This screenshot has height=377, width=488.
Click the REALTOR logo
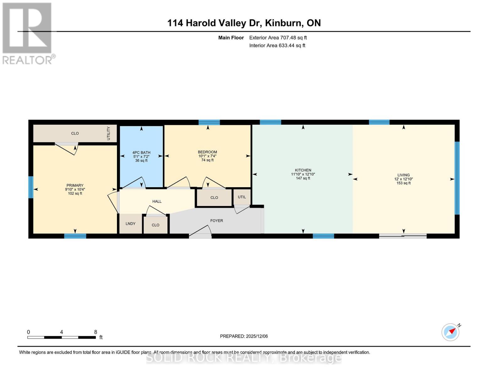(28, 33)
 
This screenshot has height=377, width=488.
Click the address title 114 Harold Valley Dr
(244, 23)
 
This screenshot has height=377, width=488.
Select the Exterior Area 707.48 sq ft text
(278, 38)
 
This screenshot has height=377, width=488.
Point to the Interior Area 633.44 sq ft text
(277, 46)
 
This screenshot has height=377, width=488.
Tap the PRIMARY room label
(75, 185)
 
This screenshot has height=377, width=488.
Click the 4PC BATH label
(141, 153)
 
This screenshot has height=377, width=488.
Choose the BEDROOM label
(207, 152)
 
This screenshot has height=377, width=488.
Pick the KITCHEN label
(303, 170)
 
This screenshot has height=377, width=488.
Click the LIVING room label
(403, 175)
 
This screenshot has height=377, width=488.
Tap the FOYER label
(217, 221)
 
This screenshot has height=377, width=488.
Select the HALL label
(157, 201)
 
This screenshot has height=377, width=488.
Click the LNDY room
(130, 224)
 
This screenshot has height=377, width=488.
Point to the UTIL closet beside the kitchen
(242, 197)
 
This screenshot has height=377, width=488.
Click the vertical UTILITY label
(109, 133)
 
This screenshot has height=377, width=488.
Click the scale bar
(62, 337)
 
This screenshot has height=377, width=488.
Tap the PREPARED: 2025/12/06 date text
(244, 336)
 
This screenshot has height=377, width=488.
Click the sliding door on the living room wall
(403, 236)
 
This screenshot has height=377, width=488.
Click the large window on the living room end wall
(457, 178)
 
